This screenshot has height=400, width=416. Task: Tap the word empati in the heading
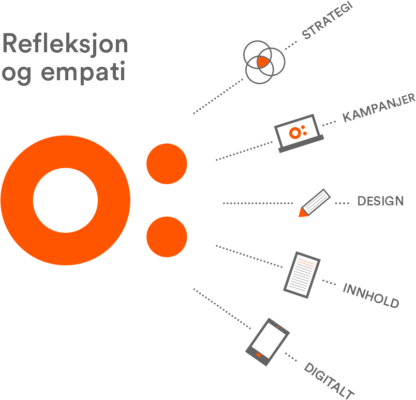pyautogui.click(x=83, y=72)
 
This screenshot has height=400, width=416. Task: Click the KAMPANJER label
pyautogui.click(x=379, y=108)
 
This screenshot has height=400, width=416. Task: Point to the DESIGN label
pyautogui.click(x=380, y=201)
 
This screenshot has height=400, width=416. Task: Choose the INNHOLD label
pyautogui.click(x=371, y=295)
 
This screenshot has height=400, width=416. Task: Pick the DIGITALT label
pyautogui.click(x=329, y=381)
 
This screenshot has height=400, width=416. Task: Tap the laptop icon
pyautogui.click(x=300, y=134)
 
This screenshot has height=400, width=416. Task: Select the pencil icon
pyautogui.click(x=315, y=202)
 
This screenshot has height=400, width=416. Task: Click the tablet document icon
pyautogui.click(x=302, y=274)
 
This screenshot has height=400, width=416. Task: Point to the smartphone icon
pyautogui.click(x=266, y=342)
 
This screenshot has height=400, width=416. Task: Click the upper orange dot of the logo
pyautogui.click(x=167, y=164)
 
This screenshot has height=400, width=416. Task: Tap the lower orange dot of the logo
pyautogui.click(x=167, y=237)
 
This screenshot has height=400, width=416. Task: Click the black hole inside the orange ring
pyautogui.click(x=65, y=201)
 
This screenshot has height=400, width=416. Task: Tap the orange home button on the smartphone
pyautogui.click(x=259, y=355)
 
